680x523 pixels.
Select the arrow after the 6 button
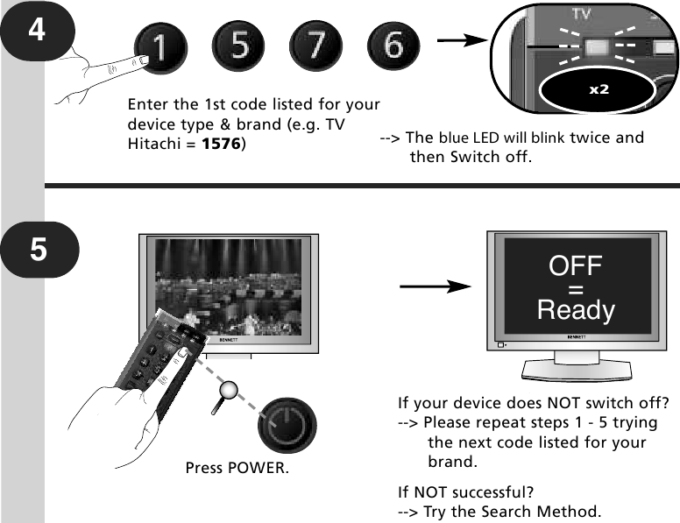point(462,40)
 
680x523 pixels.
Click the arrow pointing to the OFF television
point(436,286)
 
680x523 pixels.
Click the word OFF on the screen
point(575,265)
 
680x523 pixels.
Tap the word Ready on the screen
point(576,310)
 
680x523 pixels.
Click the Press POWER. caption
point(237,468)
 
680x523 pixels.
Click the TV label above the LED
point(582,14)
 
